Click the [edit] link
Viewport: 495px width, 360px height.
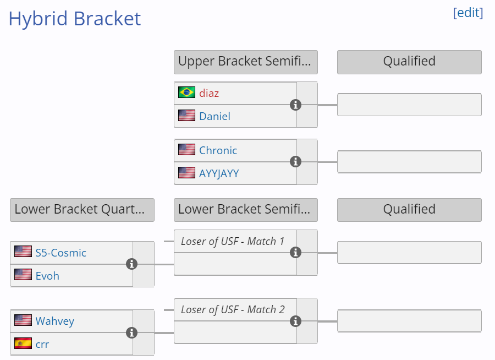pyautogui.click(x=468, y=13)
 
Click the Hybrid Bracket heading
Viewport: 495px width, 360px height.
pyautogui.click(x=74, y=19)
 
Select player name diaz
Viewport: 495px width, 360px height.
pyautogui.click(x=209, y=93)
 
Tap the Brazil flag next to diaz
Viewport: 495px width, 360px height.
pyautogui.click(x=186, y=92)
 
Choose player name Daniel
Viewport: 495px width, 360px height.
pyautogui.click(x=215, y=116)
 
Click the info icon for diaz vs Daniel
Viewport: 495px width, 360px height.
pyautogui.click(x=295, y=105)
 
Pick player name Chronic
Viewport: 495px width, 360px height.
pyautogui.click(x=218, y=150)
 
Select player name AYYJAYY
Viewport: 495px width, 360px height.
pyautogui.click(x=219, y=173)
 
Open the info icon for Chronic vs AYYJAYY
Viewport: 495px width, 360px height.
pyautogui.click(x=295, y=162)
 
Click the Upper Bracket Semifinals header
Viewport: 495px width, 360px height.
pyautogui.click(x=246, y=62)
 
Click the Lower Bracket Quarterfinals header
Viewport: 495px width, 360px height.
pyautogui.click(x=82, y=210)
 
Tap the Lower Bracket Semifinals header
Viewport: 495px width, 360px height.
pyautogui.click(x=246, y=210)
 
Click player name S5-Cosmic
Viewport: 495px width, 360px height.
pyautogui.click(x=61, y=253)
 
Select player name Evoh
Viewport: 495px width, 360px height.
pyautogui.click(x=47, y=276)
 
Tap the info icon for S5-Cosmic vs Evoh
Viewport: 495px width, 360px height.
pyautogui.click(x=131, y=264)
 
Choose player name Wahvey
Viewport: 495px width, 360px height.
pyautogui.click(x=54, y=321)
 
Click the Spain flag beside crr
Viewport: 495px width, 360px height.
pyautogui.click(x=23, y=343)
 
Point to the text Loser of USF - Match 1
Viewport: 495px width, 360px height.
pyautogui.click(x=233, y=242)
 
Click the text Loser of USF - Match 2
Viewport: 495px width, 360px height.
pyautogui.click(x=233, y=310)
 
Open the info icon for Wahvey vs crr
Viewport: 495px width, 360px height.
pyautogui.click(x=131, y=333)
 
